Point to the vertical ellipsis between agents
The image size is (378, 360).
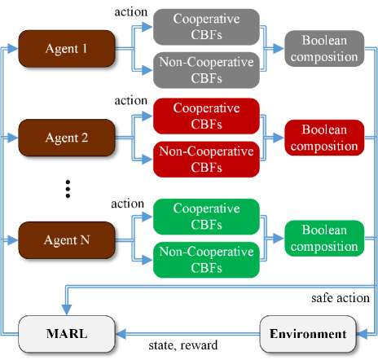click(69, 189)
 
